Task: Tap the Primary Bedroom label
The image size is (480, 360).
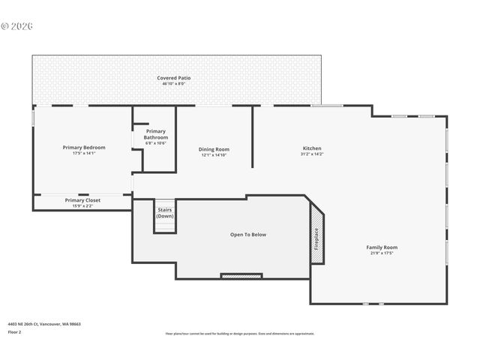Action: tap(83, 148)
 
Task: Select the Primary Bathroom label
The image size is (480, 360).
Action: tap(156, 135)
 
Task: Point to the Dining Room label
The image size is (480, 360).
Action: tap(214, 149)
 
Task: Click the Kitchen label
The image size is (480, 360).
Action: tap(312, 148)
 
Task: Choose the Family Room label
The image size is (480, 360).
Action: tap(381, 247)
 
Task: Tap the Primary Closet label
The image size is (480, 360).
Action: tap(82, 200)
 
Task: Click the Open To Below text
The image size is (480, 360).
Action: tap(247, 235)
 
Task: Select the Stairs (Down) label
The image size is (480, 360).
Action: tap(165, 213)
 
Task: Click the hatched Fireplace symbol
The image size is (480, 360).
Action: tap(317, 238)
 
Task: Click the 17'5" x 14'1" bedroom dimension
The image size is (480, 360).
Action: tap(83, 154)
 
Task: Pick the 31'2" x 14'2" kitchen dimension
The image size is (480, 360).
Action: tap(312, 154)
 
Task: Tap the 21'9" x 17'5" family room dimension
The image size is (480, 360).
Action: tap(381, 253)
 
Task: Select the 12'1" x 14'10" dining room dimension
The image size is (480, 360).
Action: tap(214, 155)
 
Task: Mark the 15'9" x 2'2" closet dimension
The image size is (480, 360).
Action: tap(82, 206)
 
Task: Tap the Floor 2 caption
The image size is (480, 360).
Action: tap(15, 331)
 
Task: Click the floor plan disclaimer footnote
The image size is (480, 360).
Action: tap(239, 334)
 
